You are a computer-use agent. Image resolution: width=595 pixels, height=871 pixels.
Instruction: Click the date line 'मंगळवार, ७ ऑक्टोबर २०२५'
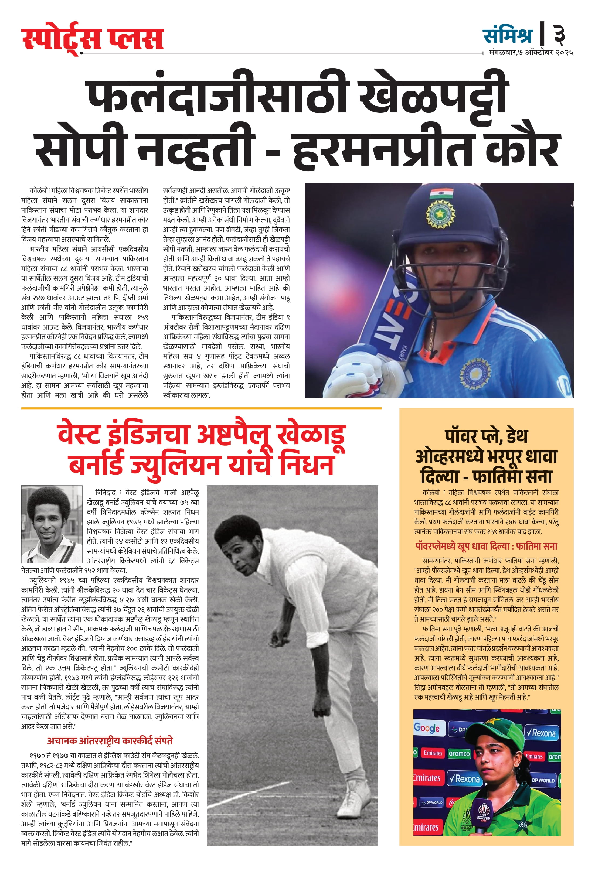[531, 53]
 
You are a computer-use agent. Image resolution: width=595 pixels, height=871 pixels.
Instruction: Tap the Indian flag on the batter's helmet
[441, 193]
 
